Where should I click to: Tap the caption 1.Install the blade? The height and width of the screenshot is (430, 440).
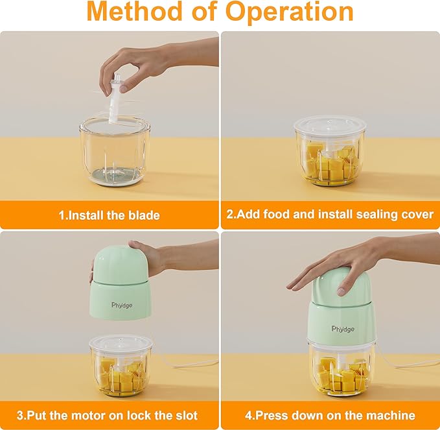tap(110, 215)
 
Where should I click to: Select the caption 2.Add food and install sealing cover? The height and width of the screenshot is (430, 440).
tap(330, 215)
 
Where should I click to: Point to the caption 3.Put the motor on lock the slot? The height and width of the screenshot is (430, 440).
tap(110, 415)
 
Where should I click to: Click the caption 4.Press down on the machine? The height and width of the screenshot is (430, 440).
tap(330, 415)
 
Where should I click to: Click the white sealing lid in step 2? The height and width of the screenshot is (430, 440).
tap(330, 125)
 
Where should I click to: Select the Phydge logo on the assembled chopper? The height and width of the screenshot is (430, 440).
tap(343, 329)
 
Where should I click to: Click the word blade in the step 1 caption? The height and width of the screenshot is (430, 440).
tap(143, 215)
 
